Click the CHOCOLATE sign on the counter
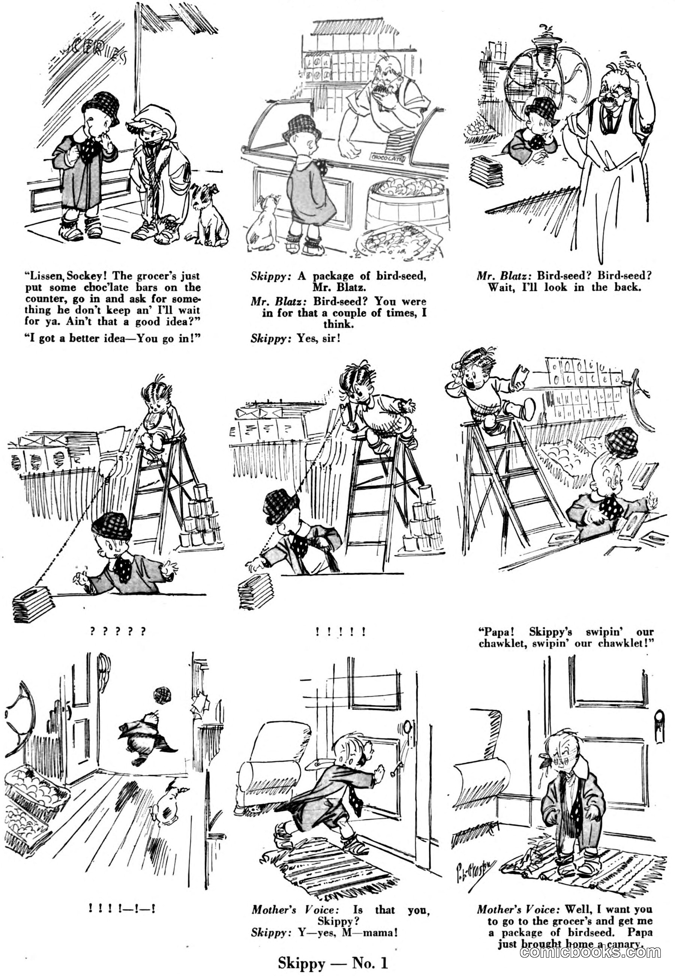tap(386, 158)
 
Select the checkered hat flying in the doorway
tap(162, 695)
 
